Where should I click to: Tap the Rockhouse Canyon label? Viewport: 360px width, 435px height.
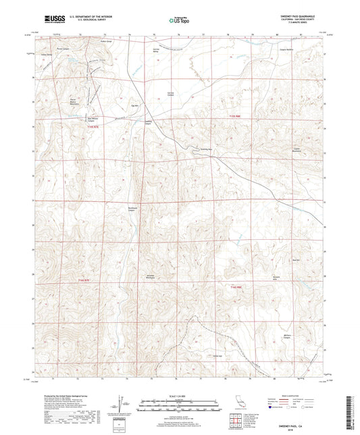[133, 208]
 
